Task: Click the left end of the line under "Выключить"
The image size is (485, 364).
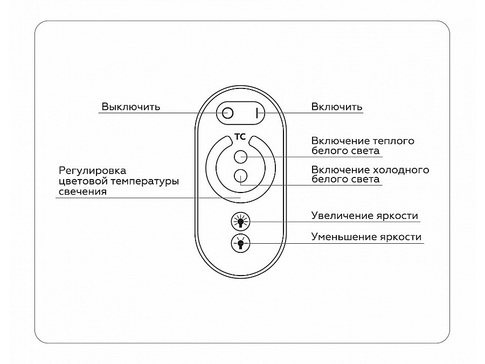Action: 99,113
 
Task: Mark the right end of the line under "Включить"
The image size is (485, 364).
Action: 363,113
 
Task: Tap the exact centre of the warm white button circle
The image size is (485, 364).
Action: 240,156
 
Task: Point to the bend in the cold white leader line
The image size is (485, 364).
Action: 241,185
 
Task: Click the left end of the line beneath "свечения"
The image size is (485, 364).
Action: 56,197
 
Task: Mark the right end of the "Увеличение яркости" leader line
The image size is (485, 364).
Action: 420,222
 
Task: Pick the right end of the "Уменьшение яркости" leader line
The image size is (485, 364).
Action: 424,243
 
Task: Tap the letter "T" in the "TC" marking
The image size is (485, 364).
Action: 237,137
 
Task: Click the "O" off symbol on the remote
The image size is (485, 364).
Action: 227,113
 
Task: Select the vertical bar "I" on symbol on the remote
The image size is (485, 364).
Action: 257,113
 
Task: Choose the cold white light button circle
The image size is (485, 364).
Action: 240,176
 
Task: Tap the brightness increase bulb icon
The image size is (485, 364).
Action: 240,222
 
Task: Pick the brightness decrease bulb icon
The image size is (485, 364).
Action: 240,244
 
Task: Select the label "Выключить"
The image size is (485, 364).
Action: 131,107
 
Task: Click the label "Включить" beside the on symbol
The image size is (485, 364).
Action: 336,107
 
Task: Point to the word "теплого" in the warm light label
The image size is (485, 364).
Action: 393,141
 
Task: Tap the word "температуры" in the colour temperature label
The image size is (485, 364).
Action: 145,181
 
